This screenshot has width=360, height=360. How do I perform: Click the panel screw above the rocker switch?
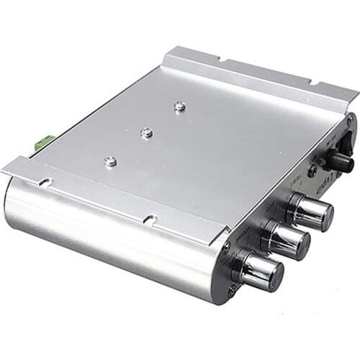click(x=351, y=118)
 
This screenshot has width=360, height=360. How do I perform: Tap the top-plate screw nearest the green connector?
click(x=110, y=161)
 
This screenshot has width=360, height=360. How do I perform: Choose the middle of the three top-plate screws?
click(x=146, y=132)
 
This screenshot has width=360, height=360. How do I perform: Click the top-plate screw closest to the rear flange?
click(x=180, y=107)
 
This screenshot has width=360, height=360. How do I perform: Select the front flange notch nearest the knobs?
click(x=150, y=218)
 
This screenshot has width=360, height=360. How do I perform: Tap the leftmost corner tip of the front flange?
click(x=3, y=171)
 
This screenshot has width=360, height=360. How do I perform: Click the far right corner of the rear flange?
click(x=357, y=92)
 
